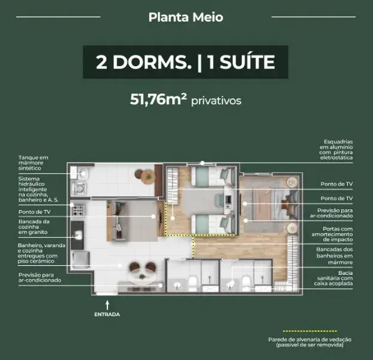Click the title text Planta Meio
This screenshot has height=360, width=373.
point(186,17)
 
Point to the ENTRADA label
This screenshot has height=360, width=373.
point(107,314)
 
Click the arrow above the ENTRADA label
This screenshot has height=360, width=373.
point(107,304)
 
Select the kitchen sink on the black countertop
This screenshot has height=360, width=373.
point(77,234)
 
